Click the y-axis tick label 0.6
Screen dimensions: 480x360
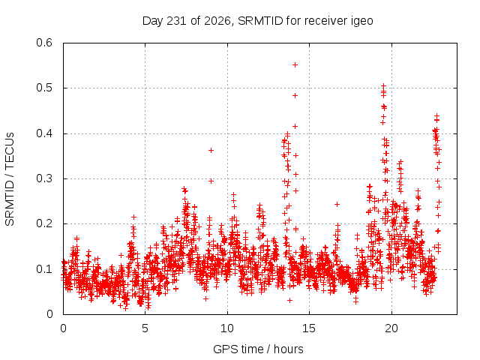(x=44, y=43)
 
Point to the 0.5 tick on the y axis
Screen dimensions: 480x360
(x=44, y=88)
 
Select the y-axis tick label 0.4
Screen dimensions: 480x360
(x=44, y=133)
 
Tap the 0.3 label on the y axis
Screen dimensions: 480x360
(x=44, y=178)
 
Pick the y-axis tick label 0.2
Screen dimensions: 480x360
(x=44, y=223)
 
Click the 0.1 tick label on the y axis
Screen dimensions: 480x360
(x=44, y=269)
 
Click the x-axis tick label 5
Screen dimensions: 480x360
(x=145, y=328)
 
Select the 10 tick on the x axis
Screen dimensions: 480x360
(x=226, y=328)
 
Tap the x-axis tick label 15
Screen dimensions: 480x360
(x=309, y=328)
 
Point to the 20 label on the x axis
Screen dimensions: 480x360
(x=391, y=328)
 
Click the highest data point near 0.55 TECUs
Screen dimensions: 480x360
(x=295, y=65)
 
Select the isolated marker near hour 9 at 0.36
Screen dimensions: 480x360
(x=211, y=150)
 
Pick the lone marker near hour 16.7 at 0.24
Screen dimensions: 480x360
(x=337, y=204)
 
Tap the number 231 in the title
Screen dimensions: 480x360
(x=176, y=21)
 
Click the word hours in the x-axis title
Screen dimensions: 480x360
(x=288, y=349)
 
